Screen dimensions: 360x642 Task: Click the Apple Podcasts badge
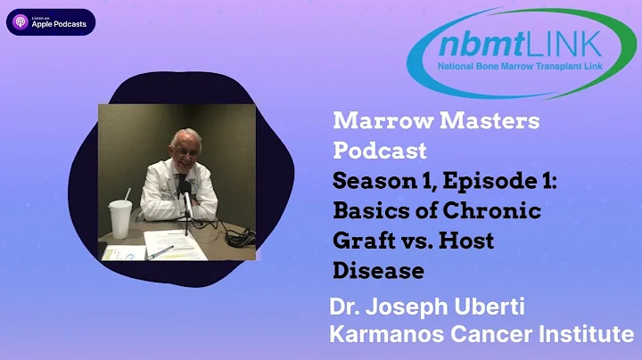pyautogui.click(x=51, y=22)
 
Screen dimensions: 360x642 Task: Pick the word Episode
pyautogui.click(x=485, y=180)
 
